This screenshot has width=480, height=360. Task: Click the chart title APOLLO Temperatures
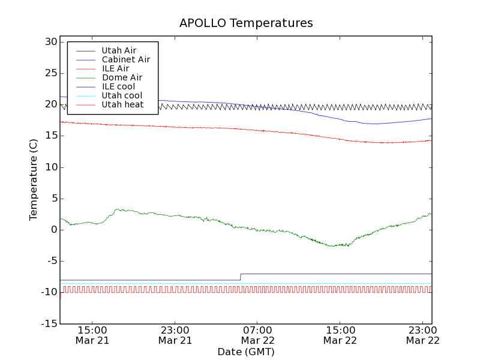click(246, 23)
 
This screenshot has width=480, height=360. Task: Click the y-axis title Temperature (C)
click(34, 180)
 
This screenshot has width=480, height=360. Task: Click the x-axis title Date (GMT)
click(246, 352)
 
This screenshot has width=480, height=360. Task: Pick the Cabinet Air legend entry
click(125, 59)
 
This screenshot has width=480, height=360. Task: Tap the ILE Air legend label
click(115, 68)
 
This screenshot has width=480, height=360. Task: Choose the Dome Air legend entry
click(122, 77)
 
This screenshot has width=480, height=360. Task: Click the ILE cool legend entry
click(118, 86)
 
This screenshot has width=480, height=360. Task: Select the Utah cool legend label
click(122, 95)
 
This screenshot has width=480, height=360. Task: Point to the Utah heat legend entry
click(122, 104)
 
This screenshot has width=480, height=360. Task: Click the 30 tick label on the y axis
click(50, 42)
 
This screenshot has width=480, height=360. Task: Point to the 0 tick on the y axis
click(54, 230)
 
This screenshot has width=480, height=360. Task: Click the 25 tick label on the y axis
click(50, 73)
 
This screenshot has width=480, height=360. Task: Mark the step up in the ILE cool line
click(241, 277)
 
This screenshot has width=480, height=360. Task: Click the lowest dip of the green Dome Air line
click(333, 246)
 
